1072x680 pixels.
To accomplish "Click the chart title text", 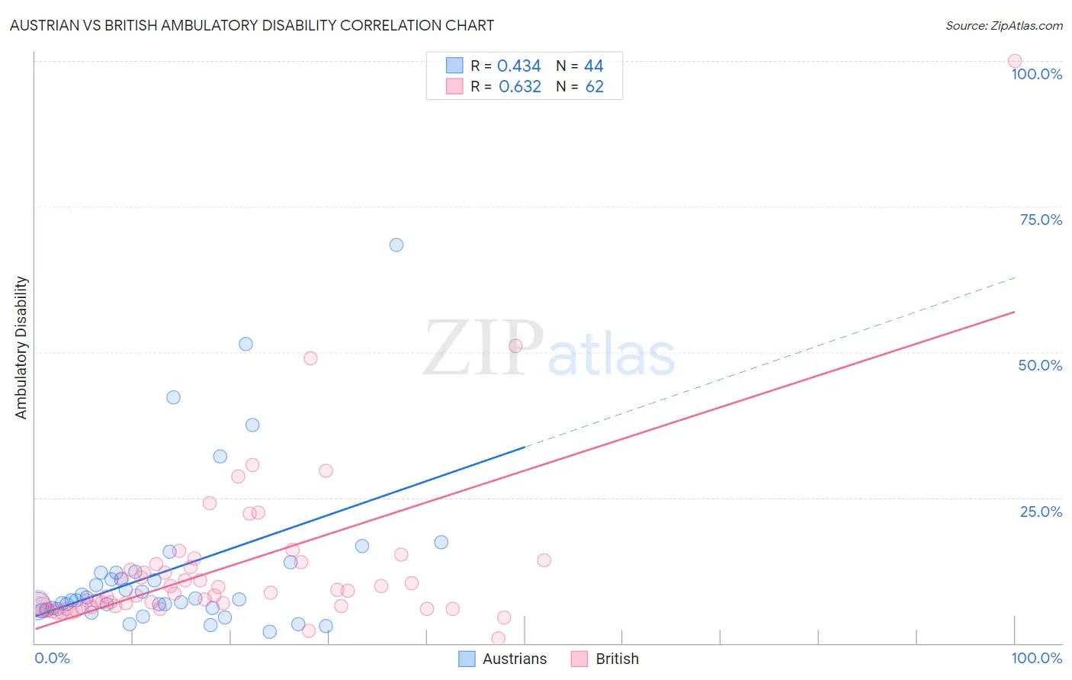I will (x=252, y=25).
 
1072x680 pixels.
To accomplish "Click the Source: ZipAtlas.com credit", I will (x=1003, y=25).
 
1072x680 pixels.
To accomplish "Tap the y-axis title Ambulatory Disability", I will (x=21, y=348).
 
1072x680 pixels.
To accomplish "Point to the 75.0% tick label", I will (x=1041, y=220).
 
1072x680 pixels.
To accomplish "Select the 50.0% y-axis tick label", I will (x=1040, y=365).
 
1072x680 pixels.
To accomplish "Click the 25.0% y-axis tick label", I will (x=1041, y=512).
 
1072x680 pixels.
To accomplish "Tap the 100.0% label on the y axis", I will (x=1036, y=74).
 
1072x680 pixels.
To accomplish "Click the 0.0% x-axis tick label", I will (x=53, y=658).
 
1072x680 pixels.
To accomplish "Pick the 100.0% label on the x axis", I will (x=1036, y=658).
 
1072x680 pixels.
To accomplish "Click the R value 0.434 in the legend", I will (x=518, y=66).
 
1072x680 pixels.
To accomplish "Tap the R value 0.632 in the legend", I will (x=519, y=87).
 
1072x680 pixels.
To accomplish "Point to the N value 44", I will (x=593, y=66).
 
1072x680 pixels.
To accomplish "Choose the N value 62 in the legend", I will (x=594, y=87).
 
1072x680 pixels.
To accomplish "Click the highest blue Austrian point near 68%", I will (x=396, y=245).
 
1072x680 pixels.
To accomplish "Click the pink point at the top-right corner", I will (x=1015, y=61).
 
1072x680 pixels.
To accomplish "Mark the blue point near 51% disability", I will (x=246, y=344).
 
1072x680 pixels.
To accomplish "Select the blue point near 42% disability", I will (x=173, y=397).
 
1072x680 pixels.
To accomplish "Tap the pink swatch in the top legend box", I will (x=454, y=87).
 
